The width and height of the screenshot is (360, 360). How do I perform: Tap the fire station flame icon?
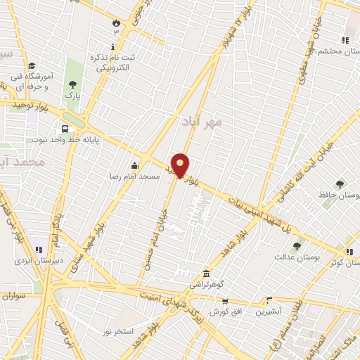115,22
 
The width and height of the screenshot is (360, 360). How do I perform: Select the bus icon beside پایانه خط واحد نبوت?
65,129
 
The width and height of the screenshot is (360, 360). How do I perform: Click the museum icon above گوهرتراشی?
205,273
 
